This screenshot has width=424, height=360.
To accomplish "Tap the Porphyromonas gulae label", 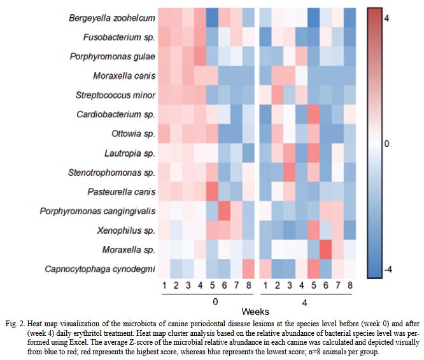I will click(x=112, y=57).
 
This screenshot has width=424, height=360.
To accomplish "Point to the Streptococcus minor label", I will click(x=115, y=96).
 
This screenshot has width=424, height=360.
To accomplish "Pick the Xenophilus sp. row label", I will click(x=123, y=230).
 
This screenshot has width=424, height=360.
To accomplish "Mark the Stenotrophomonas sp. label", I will click(x=111, y=173).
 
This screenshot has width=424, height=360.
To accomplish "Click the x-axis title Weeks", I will click(x=257, y=312).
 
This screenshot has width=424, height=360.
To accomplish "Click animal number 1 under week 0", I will click(x=164, y=285).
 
